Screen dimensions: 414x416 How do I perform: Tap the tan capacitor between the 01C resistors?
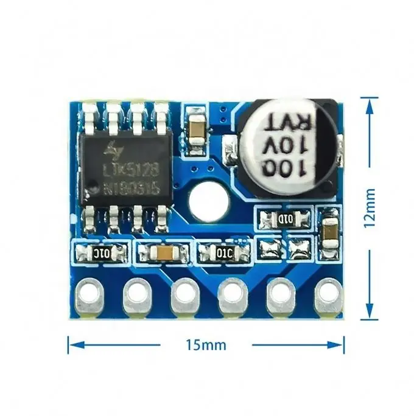click(x=164, y=252)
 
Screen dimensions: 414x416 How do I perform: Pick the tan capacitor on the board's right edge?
click(x=329, y=230)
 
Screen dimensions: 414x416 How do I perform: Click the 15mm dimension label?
click(x=206, y=345)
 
